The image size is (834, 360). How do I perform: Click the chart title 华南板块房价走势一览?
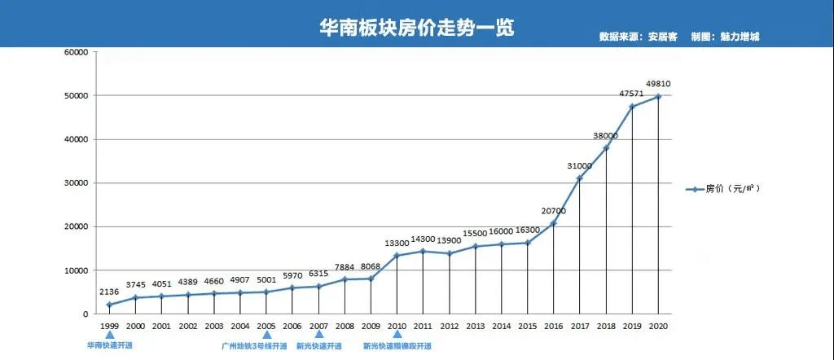(x=416, y=27)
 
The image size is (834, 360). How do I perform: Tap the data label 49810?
(x=658, y=83)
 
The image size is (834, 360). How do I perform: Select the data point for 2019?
(x=632, y=106)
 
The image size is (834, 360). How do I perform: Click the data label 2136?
(x=110, y=292)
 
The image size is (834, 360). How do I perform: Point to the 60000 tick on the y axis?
(x=76, y=52)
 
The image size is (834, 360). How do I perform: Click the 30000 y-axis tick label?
(x=76, y=183)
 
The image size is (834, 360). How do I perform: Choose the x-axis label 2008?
(x=345, y=326)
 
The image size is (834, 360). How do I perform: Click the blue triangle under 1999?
(x=110, y=334)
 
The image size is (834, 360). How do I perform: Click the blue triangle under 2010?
(x=397, y=334)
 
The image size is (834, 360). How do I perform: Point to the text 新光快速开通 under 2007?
(x=318, y=346)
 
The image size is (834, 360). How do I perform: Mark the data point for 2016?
(x=554, y=223)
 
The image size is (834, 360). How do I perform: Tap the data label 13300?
(x=397, y=243)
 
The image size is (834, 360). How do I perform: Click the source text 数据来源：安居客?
(x=633, y=37)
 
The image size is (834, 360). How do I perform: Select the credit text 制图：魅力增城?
(x=724, y=37)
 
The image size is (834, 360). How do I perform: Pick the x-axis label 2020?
(x=658, y=326)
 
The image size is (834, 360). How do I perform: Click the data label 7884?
(x=345, y=266)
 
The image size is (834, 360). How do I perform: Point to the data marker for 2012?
(x=450, y=253)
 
